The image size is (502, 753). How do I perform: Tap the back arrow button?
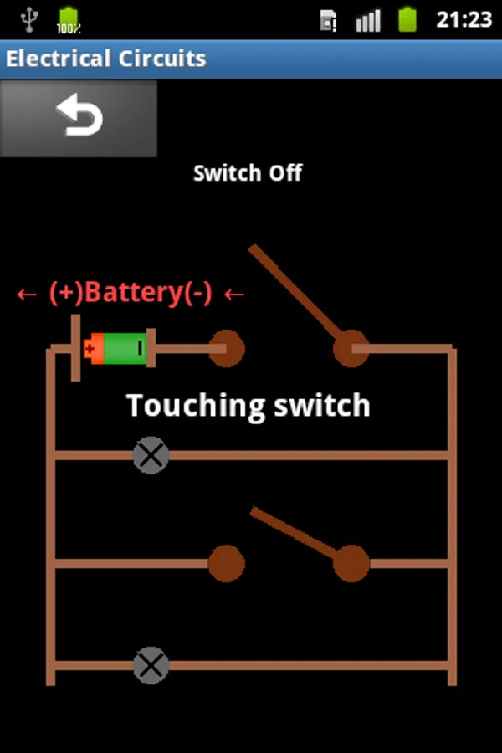coord(79,118)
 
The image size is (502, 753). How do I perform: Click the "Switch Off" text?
coord(248,173)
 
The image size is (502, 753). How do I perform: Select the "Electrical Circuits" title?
coord(105,59)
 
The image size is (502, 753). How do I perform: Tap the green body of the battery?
coord(125,348)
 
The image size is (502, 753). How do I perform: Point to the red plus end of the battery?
coord(93,348)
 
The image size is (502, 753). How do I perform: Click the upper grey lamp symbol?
coord(151,455)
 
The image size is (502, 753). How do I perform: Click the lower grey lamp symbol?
coord(151,666)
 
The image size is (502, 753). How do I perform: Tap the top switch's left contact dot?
coord(226,348)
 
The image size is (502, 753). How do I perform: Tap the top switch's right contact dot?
coord(351,348)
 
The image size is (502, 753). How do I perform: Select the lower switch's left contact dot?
coord(226,563)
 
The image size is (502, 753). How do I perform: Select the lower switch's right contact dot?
coord(351,563)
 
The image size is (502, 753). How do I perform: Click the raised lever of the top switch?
coord(295,291)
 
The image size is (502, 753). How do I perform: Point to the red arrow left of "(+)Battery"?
coord(27,294)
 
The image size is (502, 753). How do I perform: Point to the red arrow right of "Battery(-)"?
coord(234,294)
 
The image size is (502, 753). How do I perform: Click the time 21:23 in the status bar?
coord(464,20)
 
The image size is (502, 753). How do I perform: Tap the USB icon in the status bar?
coord(29,20)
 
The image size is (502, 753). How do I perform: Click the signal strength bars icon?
coord(368,21)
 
